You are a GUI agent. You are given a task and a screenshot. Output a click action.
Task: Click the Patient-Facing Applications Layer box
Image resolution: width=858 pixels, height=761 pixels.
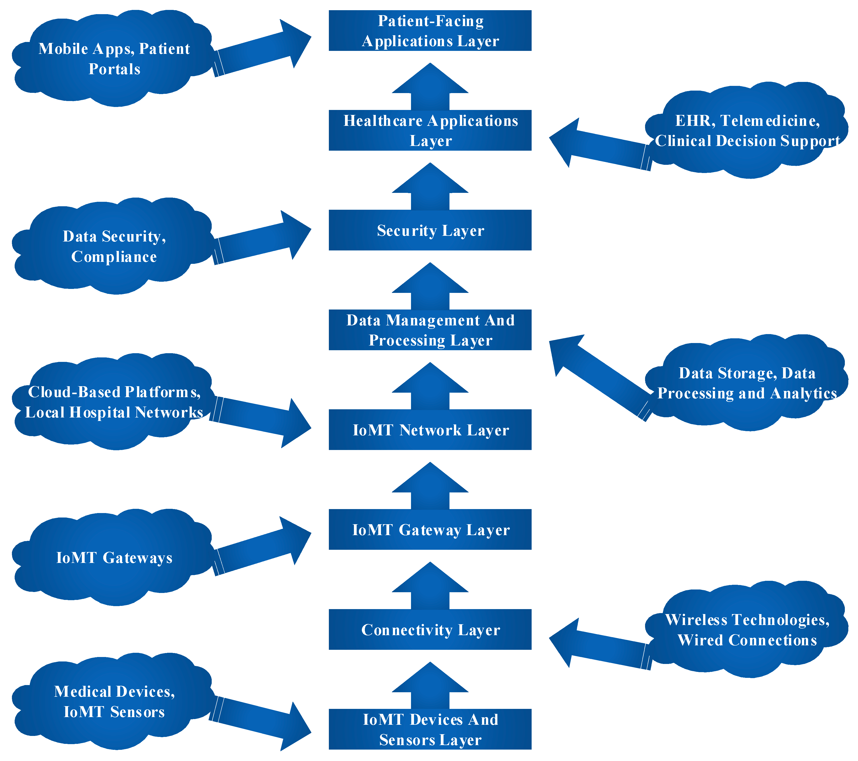(x=430, y=31)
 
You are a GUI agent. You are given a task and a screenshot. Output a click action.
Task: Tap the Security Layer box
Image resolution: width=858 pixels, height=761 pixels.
(x=430, y=230)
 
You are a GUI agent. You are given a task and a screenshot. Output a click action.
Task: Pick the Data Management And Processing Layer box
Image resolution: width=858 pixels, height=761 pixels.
(x=430, y=330)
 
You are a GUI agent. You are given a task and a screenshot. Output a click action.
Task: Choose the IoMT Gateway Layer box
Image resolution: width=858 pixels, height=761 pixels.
(x=430, y=529)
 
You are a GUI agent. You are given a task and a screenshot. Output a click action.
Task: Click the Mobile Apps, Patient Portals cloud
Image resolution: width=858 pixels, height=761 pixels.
(x=113, y=59)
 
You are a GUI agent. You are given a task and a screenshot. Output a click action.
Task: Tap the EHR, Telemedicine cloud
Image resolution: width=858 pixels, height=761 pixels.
(x=747, y=130)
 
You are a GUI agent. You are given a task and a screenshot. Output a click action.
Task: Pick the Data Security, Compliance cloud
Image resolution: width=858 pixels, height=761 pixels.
(x=113, y=246)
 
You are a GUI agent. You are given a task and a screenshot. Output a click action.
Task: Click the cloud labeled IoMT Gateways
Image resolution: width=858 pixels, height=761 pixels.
(x=113, y=557)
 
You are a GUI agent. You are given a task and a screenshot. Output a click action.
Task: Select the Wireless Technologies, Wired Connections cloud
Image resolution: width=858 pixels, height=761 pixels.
(x=747, y=630)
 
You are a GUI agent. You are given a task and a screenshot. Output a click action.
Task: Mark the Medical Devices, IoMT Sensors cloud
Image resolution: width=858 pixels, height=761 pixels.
(x=113, y=702)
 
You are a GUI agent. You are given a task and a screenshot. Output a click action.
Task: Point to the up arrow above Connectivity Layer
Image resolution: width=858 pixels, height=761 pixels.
(x=430, y=588)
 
